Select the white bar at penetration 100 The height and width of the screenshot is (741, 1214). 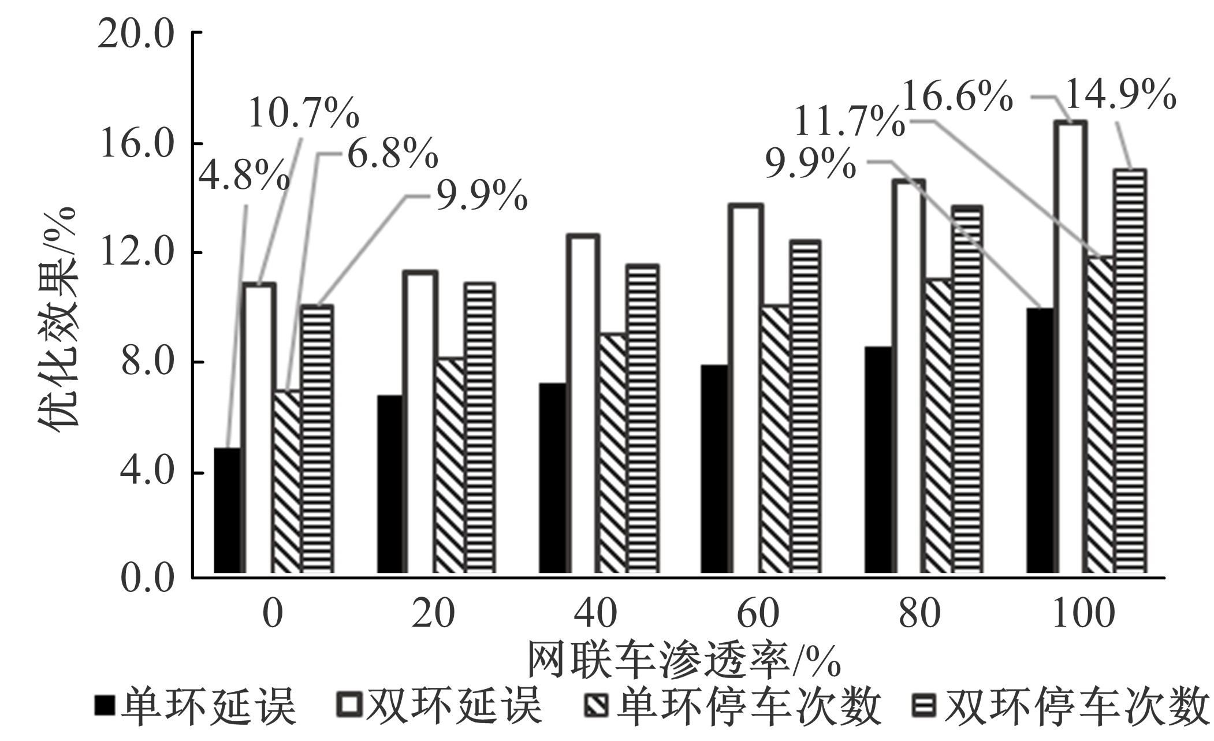click(x=1071, y=347)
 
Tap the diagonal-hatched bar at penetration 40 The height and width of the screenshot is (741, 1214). click(x=612, y=453)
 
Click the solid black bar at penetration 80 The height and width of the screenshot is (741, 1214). click(x=878, y=460)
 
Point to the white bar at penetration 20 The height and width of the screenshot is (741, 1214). click(x=420, y=422)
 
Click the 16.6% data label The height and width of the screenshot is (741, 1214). click(x=956, y=98)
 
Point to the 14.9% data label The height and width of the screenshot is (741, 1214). click(x=1120, y=96)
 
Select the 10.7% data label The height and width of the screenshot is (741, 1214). click(x=304, y=113)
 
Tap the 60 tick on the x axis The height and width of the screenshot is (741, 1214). click(x=758, y=613)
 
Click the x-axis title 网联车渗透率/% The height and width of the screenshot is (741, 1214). click(x=684, y=660)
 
